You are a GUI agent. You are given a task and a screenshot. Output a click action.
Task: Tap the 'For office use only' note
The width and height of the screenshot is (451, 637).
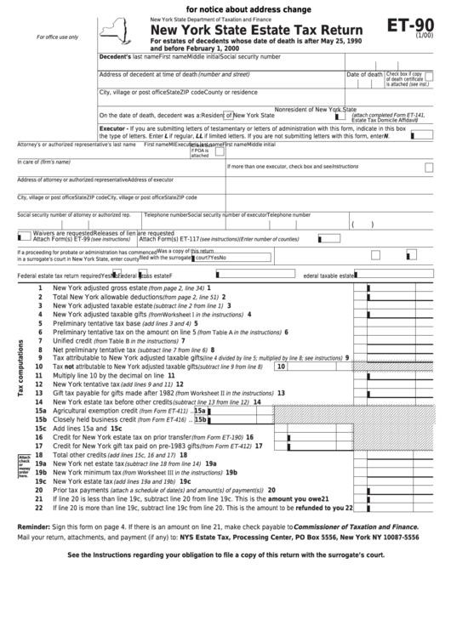coord(57,37)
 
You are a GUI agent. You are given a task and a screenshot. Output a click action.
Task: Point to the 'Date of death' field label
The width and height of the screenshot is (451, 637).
coord(364,74)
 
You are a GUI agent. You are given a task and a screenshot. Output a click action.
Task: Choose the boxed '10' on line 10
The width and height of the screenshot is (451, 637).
coord(280,367)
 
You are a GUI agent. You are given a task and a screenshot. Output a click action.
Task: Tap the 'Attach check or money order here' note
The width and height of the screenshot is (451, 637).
coord(24,466)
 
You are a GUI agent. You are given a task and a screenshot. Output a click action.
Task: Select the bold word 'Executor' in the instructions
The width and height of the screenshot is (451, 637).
coord(113,127)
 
